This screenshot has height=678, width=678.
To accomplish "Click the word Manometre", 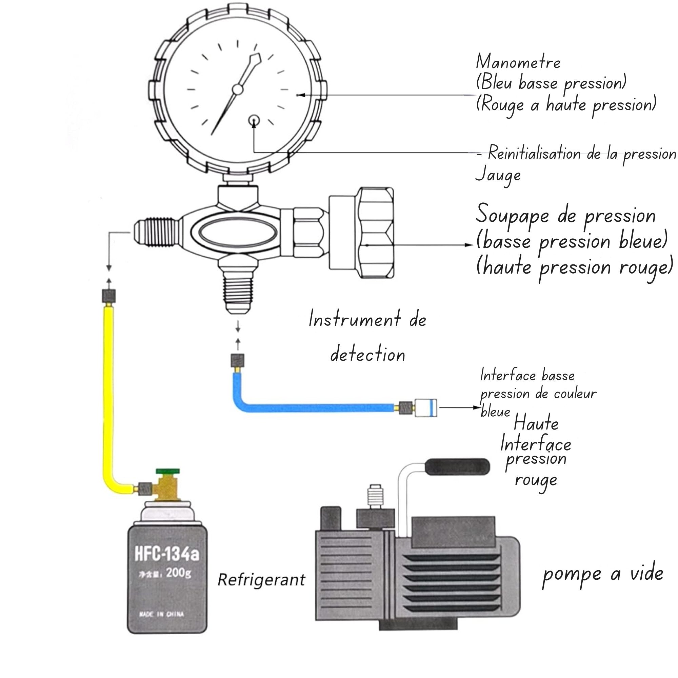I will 518,62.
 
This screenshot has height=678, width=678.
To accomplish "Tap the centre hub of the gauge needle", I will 238,89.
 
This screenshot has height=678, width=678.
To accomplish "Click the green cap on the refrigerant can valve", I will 168,471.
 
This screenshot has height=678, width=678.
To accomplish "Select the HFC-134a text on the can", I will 167,554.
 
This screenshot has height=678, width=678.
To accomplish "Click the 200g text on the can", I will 179,573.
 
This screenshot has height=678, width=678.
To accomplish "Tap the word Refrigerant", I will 261,579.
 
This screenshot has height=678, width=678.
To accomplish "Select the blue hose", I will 316,408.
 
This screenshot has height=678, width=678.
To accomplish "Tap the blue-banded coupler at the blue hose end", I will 426,407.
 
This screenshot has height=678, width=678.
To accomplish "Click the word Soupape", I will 512,215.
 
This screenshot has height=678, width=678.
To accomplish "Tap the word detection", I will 368,355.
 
